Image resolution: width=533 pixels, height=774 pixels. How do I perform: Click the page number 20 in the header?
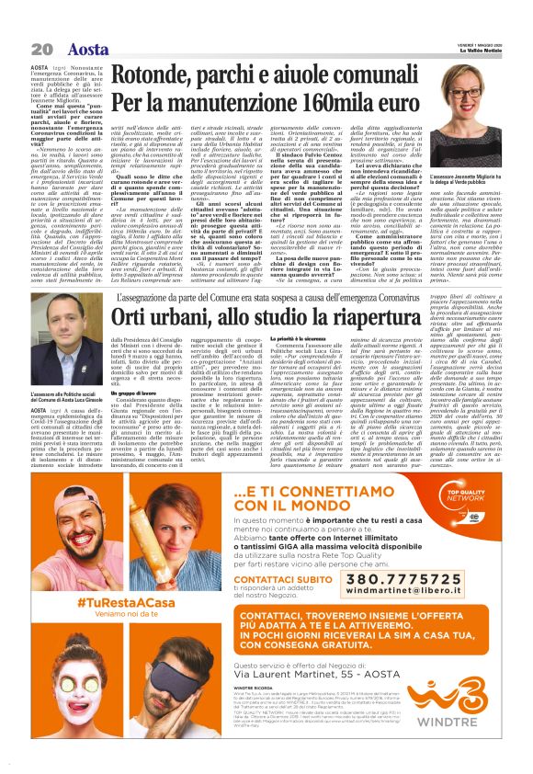[40, 48]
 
